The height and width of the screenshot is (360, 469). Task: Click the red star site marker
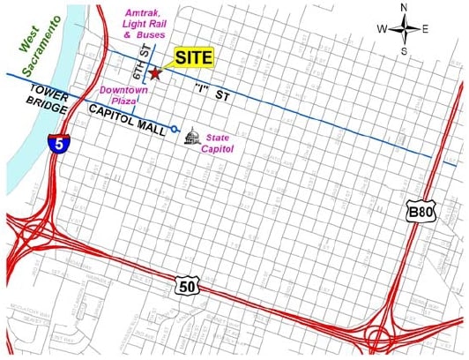point(155,74)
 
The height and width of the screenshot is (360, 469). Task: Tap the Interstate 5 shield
point(56,144)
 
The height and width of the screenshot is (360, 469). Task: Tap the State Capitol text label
point(223,143)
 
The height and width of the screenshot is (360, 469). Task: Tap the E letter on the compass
point(425,29)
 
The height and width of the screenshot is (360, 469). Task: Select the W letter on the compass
point(383,29)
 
